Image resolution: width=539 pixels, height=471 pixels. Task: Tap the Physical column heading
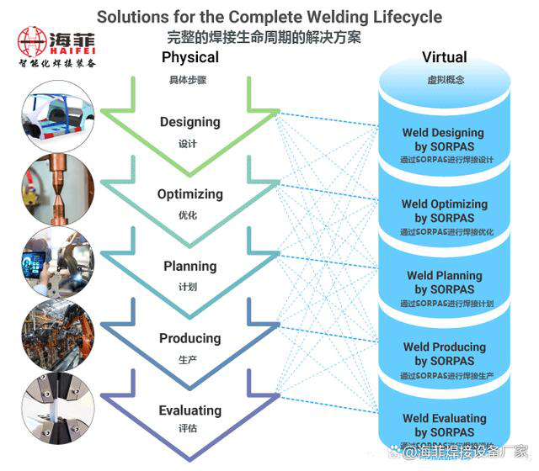189,57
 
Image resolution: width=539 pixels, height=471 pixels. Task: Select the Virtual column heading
444,57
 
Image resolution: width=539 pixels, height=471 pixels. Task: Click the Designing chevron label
189,122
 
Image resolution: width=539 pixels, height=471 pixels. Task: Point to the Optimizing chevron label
189,194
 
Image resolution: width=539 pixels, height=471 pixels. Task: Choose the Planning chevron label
189,267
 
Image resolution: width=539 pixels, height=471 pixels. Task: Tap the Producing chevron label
189,338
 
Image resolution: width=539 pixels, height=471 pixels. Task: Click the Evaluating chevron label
189,410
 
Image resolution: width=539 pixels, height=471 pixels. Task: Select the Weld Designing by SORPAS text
444,140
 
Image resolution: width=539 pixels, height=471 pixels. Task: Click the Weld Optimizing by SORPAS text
444,211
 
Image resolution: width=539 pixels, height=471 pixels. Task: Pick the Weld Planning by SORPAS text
444,283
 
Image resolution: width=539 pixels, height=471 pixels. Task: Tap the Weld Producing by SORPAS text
444,354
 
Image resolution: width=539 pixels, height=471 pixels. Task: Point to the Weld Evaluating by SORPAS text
444,426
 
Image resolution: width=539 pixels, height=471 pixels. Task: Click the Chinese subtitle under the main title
269,36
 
